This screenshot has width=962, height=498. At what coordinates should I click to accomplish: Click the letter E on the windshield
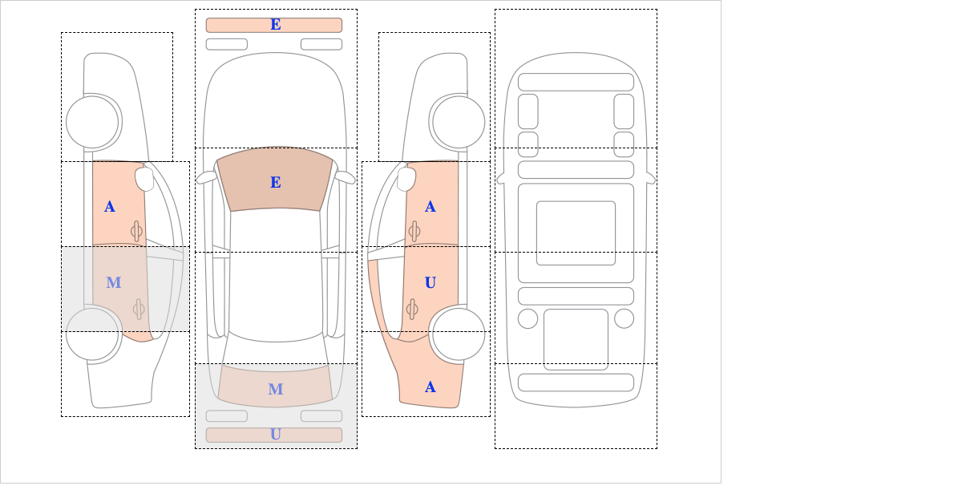click(276, 183)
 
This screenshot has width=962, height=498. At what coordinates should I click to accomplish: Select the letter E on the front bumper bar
click(276, 25)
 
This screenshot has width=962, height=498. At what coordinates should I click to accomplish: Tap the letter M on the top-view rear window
click(276, 389)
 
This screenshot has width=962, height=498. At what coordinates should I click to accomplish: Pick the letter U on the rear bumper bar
click(276, 435)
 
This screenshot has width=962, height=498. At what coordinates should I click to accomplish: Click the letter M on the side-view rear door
click(113, 283)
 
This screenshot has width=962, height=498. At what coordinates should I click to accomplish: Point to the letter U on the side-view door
click(430, 283)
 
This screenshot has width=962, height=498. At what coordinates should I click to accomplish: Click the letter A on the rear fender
click(430, 387)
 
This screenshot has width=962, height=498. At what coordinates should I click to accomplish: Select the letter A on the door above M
click(110, 207)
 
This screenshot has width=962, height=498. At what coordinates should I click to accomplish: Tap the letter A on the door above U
click(430, 207)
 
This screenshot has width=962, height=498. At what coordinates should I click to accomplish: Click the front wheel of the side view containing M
click(92, 123)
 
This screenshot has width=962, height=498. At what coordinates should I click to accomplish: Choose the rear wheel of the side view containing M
click(92, 334)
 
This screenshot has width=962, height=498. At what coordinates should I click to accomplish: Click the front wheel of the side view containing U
click(459, 123)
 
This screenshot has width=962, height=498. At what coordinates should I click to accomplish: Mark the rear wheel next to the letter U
click(459, 334)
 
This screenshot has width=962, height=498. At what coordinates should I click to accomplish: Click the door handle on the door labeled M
click(138, 309)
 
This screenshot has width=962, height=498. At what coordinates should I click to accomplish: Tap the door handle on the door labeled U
click(413, 309)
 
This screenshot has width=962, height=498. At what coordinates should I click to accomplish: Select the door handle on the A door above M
click(136, 231)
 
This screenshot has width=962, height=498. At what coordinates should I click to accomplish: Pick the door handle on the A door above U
click(414, 231)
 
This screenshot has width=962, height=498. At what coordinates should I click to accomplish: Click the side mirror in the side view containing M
click(145, 179)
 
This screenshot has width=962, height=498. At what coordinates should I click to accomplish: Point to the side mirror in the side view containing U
click(406, 179)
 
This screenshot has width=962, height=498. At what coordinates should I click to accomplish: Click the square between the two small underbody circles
click(576, 339)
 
